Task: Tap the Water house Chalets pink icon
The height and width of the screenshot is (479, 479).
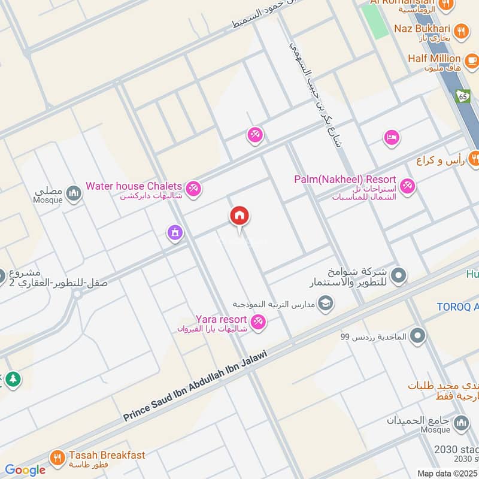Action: (193, 189)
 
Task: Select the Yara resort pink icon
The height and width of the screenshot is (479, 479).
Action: (259, 322)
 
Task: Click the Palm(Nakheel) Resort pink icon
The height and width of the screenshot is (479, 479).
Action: (408, 187)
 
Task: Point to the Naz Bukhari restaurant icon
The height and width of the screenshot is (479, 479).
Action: (461, 31)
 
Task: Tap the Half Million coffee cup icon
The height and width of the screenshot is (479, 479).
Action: (471, 60)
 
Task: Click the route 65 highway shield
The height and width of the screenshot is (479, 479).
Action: (462, 96)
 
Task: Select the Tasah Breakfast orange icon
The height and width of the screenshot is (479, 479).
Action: (57, 458)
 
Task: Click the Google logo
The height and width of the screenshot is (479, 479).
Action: (25, 470)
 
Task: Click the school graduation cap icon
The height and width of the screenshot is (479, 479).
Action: (326, 304)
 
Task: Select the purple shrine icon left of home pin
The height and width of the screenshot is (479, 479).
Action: (175, 232)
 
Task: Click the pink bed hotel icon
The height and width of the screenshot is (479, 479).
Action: (391, 138)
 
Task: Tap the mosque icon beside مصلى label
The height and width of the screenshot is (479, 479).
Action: (74, 193)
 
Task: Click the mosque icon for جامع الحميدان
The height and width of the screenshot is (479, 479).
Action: (461, 424)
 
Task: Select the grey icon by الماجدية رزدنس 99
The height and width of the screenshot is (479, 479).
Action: (417, 336)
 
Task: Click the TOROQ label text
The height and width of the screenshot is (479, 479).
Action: (457, 306)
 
